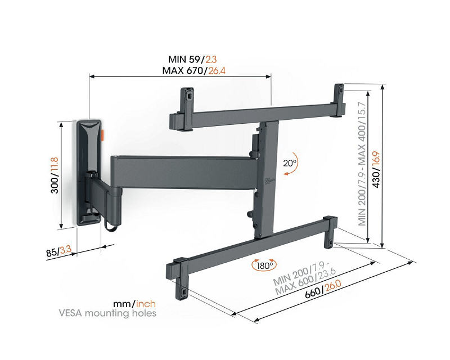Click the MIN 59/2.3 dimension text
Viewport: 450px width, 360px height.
[x=192, y=59]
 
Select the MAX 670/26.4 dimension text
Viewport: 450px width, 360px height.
[x=194, y=70]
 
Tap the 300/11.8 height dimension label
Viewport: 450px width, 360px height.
[x=55, y=175]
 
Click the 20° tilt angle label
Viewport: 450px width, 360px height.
[x=290, y=164]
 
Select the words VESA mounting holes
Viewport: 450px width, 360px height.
[x=120, y=313]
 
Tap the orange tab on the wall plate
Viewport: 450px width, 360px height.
[x=103, y=136]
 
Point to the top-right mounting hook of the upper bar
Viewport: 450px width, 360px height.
[x=339, y=92]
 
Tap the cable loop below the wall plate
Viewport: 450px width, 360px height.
[x=109, y=224]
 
